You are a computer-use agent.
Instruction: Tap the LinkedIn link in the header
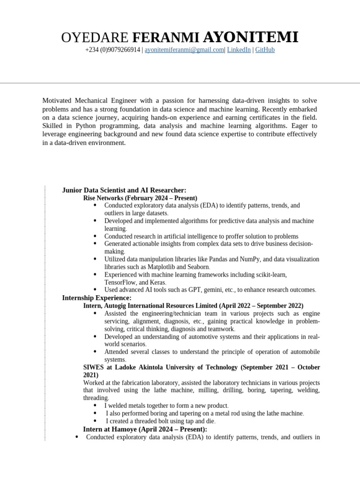tap(239, 50)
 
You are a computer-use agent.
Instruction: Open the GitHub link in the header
tap(265, 50)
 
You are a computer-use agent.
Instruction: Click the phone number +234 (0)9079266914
tap(112, 50)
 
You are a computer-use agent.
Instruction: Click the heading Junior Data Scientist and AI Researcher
tap(124, 190)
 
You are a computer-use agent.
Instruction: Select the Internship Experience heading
tap(97, 298)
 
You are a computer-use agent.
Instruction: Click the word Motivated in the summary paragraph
tap(59, 101)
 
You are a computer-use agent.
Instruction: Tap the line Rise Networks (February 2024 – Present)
tap(140, 198)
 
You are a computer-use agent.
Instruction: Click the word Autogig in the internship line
tap(119, 306)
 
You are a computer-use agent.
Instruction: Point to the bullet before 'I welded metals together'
tap(96, 405)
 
